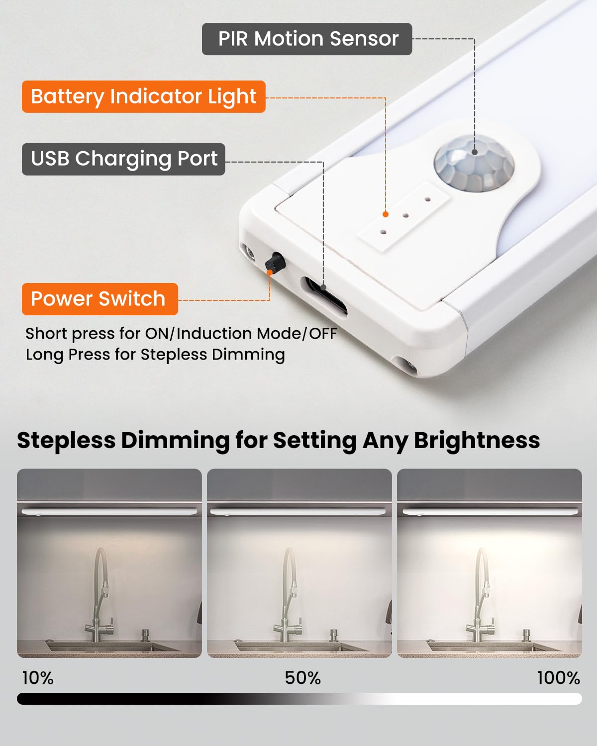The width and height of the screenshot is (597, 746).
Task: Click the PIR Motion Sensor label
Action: [x=307, y=39]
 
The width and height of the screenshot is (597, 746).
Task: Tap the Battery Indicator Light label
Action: [x=143, y=96]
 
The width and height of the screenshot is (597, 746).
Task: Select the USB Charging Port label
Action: [x=123, y=159]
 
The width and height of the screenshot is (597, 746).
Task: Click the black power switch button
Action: [x=274, y=261]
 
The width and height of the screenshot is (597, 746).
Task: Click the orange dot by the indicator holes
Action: [x=385, y=214]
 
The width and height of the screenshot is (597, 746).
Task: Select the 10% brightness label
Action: [x=38, y=678]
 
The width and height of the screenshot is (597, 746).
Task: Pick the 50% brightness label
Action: [x=302, y=678]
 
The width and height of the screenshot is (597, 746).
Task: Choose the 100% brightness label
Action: [x=558, y=678]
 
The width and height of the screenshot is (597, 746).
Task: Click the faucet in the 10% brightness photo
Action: [x=101, y=597]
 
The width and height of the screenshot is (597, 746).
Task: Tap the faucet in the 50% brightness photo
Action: [x=291, y=597]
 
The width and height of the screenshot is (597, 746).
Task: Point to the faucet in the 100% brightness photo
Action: [x=481, y=597]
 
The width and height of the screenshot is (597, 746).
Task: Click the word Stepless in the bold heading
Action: [x=66, y=441]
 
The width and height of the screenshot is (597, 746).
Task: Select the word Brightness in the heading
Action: [x=477, y=441]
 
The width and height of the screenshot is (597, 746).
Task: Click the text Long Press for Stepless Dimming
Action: [x=155, y=355]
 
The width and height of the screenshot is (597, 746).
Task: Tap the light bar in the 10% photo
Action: [x=109, y=511]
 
